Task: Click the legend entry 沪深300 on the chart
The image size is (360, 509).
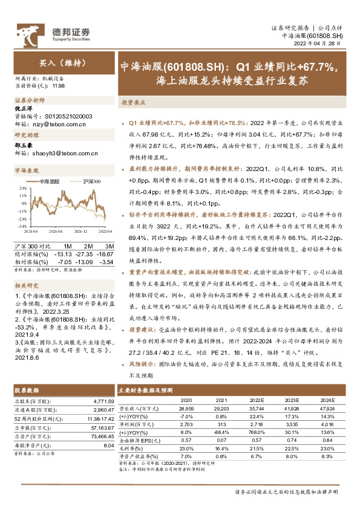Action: pos(91,181)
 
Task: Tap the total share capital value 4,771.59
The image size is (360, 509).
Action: pos(102,384)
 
